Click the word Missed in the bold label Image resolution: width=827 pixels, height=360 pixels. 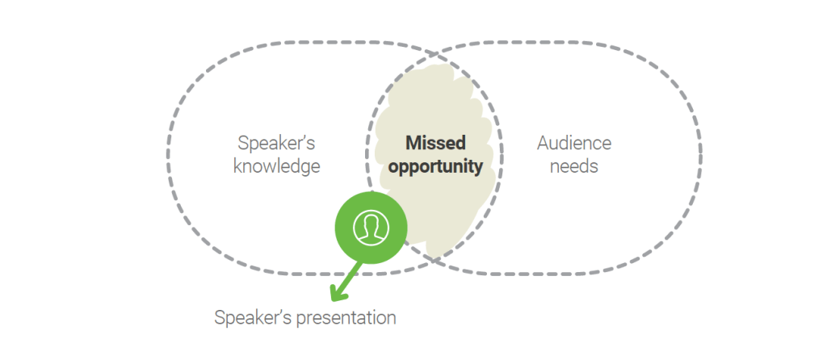[x=435, y=143]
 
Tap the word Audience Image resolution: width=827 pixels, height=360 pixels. [x=574, y=143]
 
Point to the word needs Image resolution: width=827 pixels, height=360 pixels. [x=574, y=166]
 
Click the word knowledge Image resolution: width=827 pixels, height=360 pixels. [x=277, y=167]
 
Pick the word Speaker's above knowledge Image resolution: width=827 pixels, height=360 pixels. [x=276, y=143]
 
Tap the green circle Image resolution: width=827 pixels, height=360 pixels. [x=372, y=228]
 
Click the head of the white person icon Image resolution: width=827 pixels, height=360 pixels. [x=372, y=222]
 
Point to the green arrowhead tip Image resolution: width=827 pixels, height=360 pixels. [x=332, y=300]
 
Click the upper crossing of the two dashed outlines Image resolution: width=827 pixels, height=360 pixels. [x=434, y=54]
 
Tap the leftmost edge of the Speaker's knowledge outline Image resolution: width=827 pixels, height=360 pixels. [x=169, y=157]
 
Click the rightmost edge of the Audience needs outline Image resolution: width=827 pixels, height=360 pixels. [x=700, y=157]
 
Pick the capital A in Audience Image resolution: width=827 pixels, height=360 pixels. [x=544, y=144]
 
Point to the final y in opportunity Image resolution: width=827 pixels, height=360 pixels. [x=477, y=170]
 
